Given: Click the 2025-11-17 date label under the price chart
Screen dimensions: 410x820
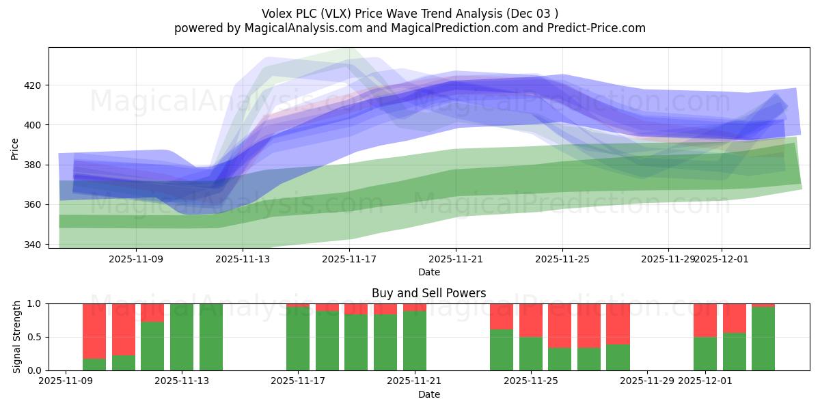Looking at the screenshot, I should tap(349, 259).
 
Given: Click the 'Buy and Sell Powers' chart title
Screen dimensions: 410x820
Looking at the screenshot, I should tap(428, 293).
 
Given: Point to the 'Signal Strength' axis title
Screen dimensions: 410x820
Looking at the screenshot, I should tap(17, 337).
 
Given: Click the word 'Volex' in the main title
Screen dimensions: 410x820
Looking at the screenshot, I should tap(277, 14).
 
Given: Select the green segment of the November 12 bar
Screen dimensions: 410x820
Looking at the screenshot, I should tap(152, 346).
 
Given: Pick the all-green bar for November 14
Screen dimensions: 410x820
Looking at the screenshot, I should tap(211, 337).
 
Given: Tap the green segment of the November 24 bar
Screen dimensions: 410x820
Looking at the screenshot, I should tap(502, 350).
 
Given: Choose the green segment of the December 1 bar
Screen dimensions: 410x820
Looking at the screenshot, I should tap(705, 353).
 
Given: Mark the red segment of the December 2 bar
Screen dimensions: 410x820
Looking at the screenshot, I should tap(735, 318).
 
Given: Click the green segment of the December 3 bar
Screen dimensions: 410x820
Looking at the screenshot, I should tap(763, 339).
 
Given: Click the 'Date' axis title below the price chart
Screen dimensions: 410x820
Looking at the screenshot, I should tap(428, 272).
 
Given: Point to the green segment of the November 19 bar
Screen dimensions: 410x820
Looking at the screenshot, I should tap(356, 342).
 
